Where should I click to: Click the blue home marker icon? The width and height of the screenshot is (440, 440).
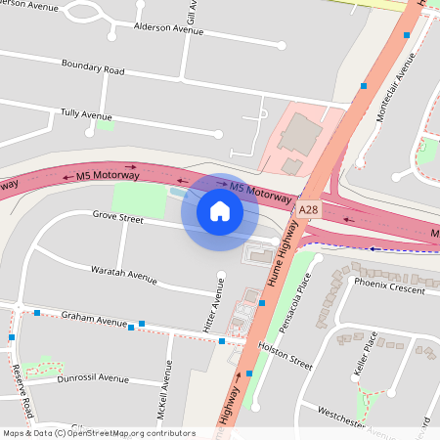(x=220, y=211)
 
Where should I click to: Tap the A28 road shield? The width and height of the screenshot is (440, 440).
(x=309, y=210)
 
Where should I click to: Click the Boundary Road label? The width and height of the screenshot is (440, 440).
(x=92, y=70)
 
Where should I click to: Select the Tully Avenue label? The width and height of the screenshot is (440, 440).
(x=86, y=114)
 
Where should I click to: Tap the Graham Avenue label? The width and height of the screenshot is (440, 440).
(x=94, y=319)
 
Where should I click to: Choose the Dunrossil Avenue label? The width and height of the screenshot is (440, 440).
(x=93, y=377)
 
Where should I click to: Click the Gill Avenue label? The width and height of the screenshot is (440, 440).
(x=192, y=12)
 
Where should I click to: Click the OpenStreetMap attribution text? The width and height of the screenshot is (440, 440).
(x=98, y=432)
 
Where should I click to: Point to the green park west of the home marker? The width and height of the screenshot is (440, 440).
(x=138, y=199)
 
